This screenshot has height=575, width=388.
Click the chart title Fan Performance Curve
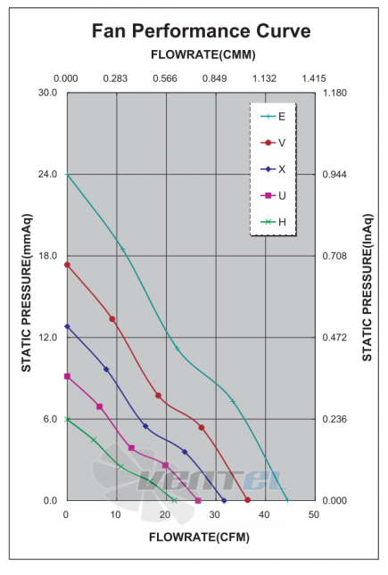pos(202,31)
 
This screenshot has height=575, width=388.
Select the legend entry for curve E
pos(273,117)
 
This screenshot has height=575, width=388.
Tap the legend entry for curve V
pos(273,143)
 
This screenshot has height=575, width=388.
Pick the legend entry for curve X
pos(273,169)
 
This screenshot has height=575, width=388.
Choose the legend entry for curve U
pos(273,195)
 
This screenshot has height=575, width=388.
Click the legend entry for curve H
pos(273,222)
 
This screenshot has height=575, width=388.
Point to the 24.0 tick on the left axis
pos(48,174)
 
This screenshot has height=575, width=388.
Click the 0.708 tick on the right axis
pos(334,256)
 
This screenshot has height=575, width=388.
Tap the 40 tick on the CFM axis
pos(264,515)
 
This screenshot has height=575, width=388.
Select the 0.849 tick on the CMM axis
pos(215,78)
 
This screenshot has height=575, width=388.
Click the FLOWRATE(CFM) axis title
pos(199,538)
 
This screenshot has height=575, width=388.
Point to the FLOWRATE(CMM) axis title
pos(203,54)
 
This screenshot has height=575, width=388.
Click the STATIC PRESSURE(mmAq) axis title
pos(27,293)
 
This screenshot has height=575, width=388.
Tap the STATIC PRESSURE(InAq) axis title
pos(367,287)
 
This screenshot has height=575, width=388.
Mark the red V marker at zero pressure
pos(247,500)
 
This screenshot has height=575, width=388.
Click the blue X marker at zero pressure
pos(224,500)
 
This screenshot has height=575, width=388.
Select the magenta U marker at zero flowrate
pos(67,376)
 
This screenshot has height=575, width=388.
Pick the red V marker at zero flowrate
pos(67,265)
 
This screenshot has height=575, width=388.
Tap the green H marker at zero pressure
pos(174,500)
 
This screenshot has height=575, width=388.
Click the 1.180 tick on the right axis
pos(334,93)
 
